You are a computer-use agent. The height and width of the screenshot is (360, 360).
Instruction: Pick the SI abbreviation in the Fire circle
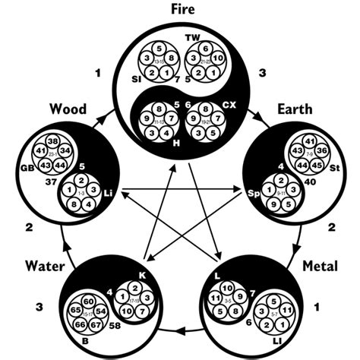tap(138, 78)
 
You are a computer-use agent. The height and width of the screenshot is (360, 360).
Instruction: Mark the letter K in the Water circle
tap(142, 275)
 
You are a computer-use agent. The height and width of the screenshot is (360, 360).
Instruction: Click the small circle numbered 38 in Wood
tap(52, 142)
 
